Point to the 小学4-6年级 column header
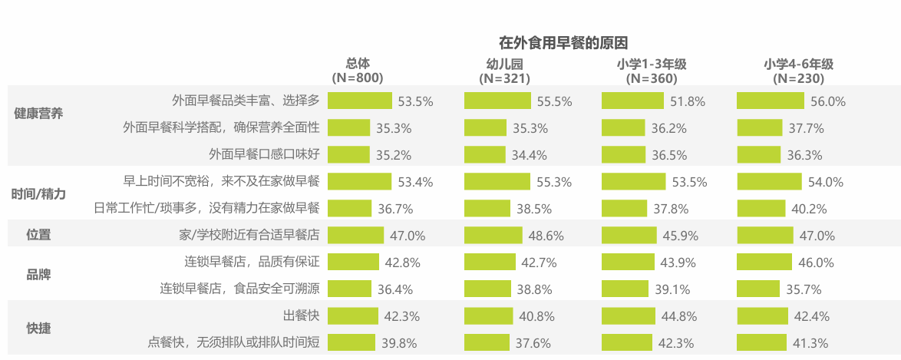[x=798, y=71]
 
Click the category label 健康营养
[x=38, y=114]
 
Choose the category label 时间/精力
[x=38, y=194]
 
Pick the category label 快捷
[x=38, y=329]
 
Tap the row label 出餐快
[x=302, y=315]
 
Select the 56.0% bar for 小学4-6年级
[x=770, y=101]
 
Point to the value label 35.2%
[x=394, y=155]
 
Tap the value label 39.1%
[x=671, y=289]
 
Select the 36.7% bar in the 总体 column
[x=349, y=208]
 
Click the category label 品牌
[x=38, y=275]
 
